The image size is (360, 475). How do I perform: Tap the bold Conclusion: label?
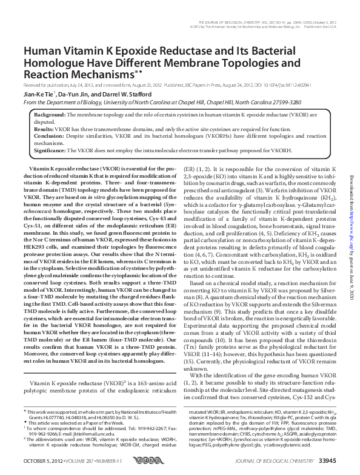(48, 136)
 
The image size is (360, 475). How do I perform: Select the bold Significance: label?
(50, 151)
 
